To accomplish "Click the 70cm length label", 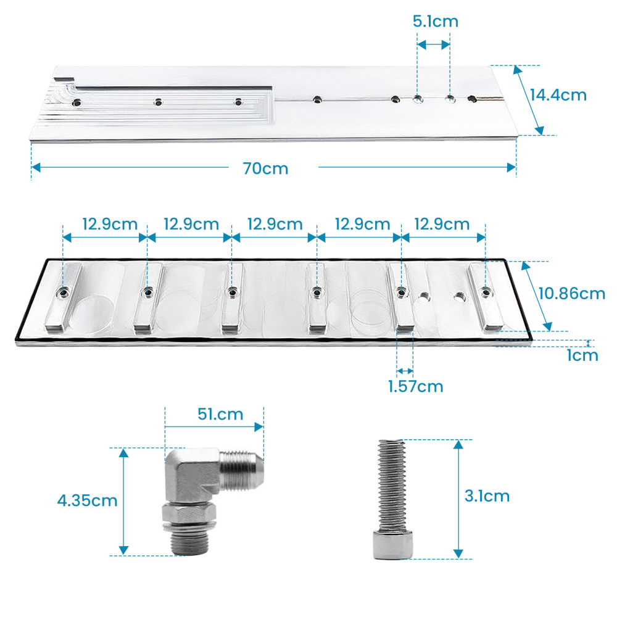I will coord(265,168).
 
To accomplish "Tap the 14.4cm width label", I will coord(558,95).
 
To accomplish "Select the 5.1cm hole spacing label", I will coord(435,22).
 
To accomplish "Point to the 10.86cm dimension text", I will coord(571,293).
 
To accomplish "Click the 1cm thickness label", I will coord(581,355).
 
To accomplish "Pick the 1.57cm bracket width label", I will coord(415,387).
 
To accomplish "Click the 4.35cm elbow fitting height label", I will coord(87,500).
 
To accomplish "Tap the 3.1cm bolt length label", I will coord(487,496).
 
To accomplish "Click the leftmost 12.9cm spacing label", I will coord(110,224).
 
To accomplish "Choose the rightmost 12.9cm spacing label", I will coord(442,224).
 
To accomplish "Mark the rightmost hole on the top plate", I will coord(473,99).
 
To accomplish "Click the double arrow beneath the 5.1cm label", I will coord(433,44).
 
